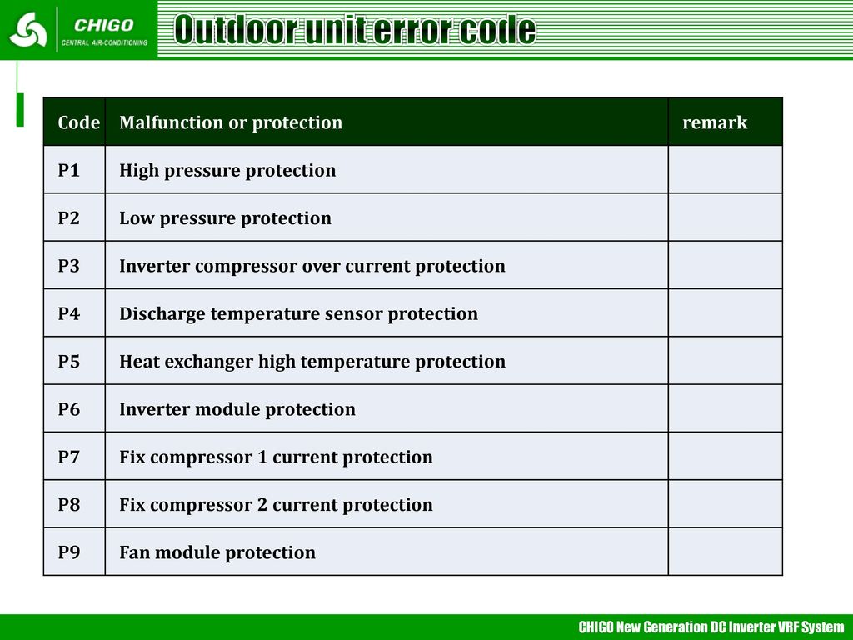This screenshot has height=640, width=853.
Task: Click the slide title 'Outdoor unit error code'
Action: tap(355, 29)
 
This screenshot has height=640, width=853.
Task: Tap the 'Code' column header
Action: tap(79, 122)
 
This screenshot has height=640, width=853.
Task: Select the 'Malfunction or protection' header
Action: tap(231, 123)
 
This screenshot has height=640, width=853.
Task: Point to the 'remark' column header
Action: tap(715, 123)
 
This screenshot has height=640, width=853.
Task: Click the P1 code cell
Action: tap(69, 170)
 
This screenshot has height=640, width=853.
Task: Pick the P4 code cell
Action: tap(69, 313)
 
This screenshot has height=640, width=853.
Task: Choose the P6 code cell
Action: tap(69, 409)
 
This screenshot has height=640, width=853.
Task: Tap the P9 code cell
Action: tap(69, 552)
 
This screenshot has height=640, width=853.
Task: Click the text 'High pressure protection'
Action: tap(227, 171)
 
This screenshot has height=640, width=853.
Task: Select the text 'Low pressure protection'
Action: tap(225, 219)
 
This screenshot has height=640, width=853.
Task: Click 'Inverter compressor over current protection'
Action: tap(312, 267)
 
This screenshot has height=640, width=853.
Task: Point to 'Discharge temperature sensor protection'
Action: tap(299, 314)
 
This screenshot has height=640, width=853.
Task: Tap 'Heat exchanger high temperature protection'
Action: tap(312, 362)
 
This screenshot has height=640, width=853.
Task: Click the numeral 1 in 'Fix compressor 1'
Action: tap(262, 457)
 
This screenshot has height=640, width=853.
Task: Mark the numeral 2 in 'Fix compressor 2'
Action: tap(262, 505)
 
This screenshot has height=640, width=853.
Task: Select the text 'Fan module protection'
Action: tap(217, 553)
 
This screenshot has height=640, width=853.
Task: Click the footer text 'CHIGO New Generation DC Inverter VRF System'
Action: tap(711, 627)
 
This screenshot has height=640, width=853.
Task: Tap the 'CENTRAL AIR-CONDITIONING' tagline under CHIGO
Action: tap(104, 42)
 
